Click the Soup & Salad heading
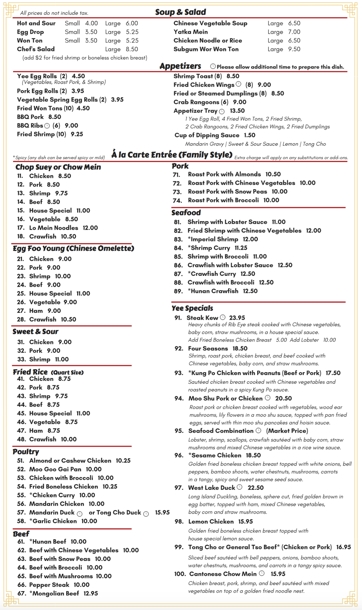[180, 12]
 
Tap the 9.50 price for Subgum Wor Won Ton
[294, 49]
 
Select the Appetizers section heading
[180, 66]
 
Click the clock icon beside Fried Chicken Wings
[238, 84]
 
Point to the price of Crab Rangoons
[240, 102]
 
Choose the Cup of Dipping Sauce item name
[207, 135]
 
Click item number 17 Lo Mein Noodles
[54, 228]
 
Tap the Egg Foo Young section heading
[73, 248]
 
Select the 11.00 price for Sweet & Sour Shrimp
[62, 360]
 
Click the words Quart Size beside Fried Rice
[67, 373]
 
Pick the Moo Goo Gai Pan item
[55, 469]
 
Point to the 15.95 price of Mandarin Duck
[162, 512]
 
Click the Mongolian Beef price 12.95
[91, 593]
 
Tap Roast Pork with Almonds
[224, 174]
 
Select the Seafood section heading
[186, 213]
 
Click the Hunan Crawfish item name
[213, 291]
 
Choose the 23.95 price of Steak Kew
[237, 318]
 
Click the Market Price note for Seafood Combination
[287, 431]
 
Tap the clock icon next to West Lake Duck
[240, 487]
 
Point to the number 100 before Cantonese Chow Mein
[180, 574]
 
